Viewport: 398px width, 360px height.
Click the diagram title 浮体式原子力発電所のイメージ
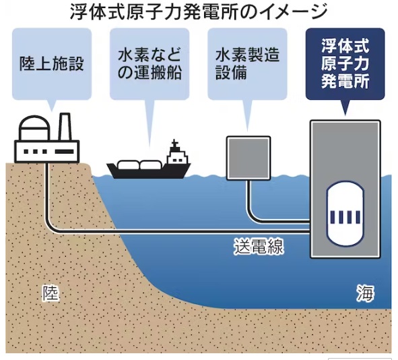[x=199, y=12]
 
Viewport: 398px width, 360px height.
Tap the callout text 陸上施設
[x=52, y=63]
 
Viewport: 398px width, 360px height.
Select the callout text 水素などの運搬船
[x=150, y=64]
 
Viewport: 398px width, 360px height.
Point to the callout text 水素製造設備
[x=247, y=64]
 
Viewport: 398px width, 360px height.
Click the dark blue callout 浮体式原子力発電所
[x=345, y=63]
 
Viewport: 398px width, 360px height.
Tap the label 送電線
[x=259, y=246]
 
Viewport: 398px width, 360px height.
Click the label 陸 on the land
[x=51, y=293]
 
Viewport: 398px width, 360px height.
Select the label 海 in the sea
[x=365, y=293]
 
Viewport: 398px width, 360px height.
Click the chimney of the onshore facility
[x=65, y=127]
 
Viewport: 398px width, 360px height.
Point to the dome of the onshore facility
[x=34, y=127]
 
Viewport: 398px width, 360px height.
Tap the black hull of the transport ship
[x=148, y=172]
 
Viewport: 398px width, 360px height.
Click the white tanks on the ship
[x=139, y=165]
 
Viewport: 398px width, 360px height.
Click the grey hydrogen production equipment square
[x=248, y=158]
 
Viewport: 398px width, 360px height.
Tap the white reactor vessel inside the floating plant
[x=345, y=214]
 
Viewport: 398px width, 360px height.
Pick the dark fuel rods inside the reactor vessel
[x=345, y=217]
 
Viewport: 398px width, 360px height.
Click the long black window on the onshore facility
[x=65, y=152]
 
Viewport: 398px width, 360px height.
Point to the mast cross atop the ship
[x=174, y=143]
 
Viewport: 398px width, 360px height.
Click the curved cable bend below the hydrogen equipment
[x=253, y=216]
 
